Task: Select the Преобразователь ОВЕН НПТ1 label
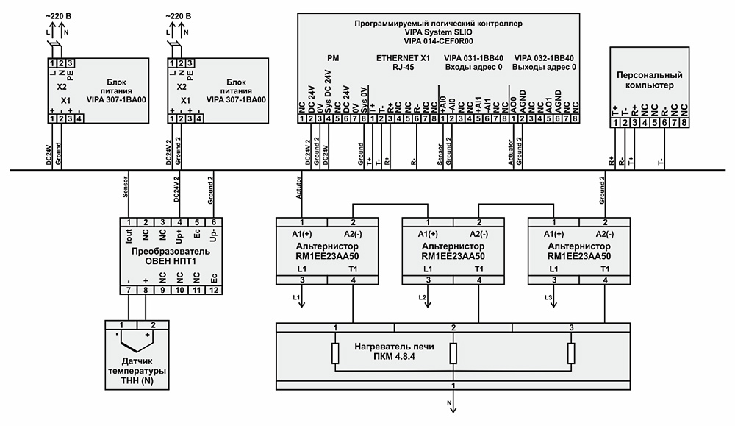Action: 171,256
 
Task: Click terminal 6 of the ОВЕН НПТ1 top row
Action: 214,222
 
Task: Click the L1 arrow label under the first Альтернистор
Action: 296,297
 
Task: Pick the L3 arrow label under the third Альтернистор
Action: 549,297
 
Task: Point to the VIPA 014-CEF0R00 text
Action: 438,41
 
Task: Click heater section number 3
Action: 571,327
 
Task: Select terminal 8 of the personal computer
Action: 684,122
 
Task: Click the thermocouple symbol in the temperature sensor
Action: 135,340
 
